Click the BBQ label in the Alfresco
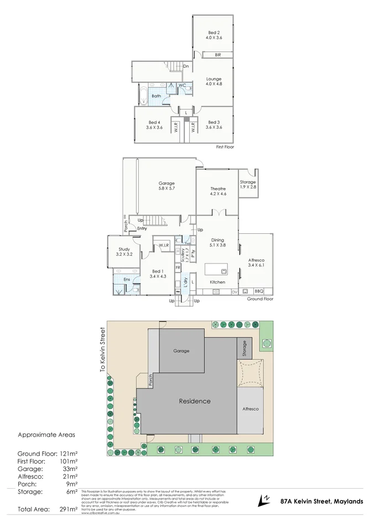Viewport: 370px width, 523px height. (258, 291)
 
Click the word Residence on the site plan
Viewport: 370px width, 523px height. (194, 401)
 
